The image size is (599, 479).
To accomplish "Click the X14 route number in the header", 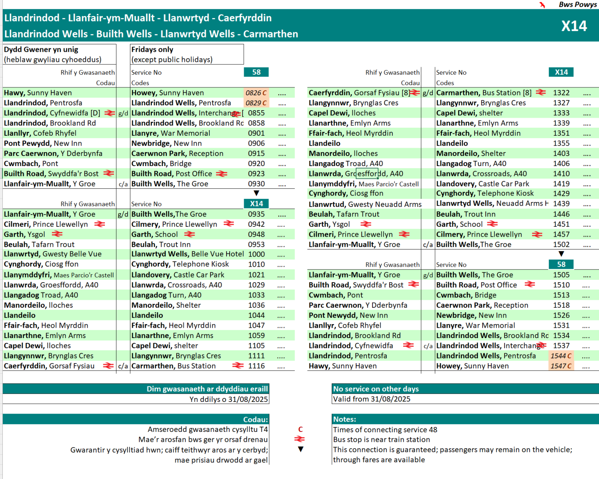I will tap(574, 26).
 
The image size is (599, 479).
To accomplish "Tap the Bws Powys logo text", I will tap(577, 5).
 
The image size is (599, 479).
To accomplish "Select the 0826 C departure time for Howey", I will tap(256, 93).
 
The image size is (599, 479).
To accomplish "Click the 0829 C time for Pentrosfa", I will tap(256, 103).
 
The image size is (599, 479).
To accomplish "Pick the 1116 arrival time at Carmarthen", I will tap(256, 366).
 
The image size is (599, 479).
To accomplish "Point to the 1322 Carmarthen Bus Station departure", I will tap(561, 93).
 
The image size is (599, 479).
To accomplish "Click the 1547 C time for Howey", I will tap(561, 366).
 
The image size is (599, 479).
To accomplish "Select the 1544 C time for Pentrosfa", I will tap(561, 356).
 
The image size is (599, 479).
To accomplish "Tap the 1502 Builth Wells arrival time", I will tap(561, 245).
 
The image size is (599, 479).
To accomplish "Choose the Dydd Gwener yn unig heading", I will tap(41, 49).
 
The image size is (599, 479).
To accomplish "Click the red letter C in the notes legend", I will tap(300, 430).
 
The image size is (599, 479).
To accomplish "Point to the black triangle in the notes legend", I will tap(301, 449).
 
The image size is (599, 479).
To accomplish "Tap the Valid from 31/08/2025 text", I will tap(372, 399).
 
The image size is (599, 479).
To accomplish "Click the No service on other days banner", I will tap(376, 389).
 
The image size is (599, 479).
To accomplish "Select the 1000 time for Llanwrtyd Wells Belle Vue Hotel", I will tap(256, 254).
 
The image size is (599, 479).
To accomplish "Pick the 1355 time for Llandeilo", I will tap(561, 143).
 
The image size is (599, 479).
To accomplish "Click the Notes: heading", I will tap(345, 419).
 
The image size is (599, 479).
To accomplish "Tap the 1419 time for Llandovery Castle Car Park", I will tap(561, 184).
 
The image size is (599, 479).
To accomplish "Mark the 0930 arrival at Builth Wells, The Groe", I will tap(256, 184).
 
